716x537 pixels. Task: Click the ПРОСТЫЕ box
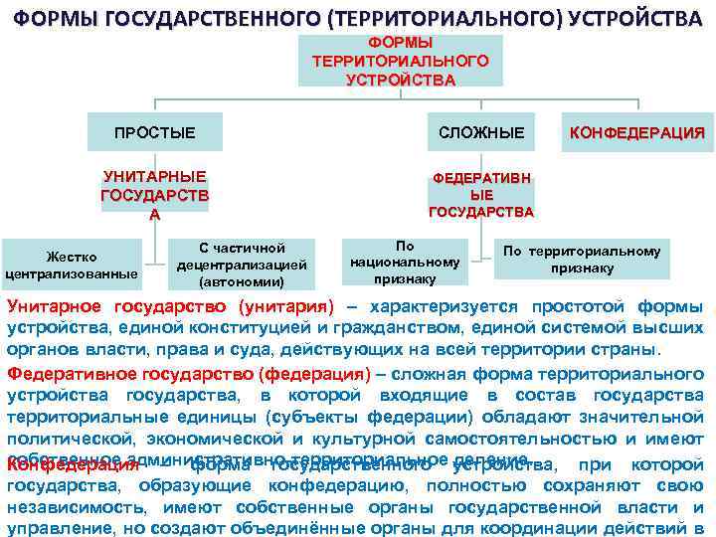154,132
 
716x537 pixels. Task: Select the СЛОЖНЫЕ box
481,132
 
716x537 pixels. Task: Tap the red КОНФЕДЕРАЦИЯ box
636,132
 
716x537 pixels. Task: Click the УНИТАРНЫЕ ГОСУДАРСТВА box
154,194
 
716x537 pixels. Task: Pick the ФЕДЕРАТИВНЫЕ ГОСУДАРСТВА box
481,194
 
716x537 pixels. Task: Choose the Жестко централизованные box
72,266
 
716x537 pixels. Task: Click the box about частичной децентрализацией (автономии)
243,265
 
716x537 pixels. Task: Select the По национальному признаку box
405,263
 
